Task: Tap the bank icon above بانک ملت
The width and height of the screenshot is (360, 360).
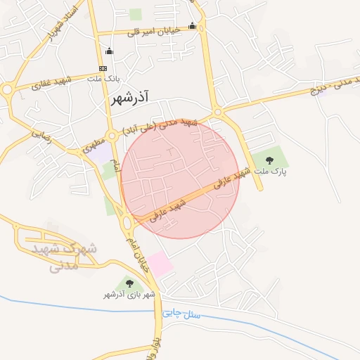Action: pos(103,68)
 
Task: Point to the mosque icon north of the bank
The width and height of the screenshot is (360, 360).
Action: pos(109,51)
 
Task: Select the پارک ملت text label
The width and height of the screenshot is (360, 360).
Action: pos(271,171)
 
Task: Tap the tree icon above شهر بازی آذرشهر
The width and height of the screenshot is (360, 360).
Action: pos(129,283)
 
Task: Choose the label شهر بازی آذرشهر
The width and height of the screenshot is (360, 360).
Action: pos(127,293)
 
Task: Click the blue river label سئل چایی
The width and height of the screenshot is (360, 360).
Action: pos(181,313)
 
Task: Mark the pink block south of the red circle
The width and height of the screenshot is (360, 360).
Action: pos(159,264)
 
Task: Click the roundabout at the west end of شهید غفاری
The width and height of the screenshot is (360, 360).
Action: pos(8,89)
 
